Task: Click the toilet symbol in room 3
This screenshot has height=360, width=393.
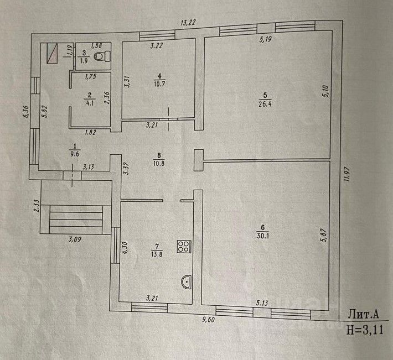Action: pyautogui.click(x=102, y=56)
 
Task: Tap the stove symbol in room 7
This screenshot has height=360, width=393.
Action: pyautogui.click(x=184, y=246)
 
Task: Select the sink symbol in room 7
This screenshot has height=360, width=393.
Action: pyautogui.click(x=186, y=281)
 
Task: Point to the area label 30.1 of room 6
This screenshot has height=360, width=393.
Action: pyautogui.click(x=263, y=236)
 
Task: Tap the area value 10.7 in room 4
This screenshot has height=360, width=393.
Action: pyautogui.click(x=159, y=84)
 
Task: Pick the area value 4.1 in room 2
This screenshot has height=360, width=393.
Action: pyautogui.click(x=90, y=103)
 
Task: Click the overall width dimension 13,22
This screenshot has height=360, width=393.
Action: pyautogui.click(x=188, y=23)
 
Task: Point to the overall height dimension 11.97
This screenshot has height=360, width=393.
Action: pyautogui.click(x=347, y=174)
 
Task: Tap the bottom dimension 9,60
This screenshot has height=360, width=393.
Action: pyautogui.click(x=208, y=320)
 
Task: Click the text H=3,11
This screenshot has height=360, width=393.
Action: pyautogui.click(x=365, y=330)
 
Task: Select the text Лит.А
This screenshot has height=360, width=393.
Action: pyautogui.click(x=363, y=315)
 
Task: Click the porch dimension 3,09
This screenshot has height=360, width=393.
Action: pyautogui.click(x=75, y=239)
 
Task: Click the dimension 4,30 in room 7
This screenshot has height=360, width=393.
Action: pyautogui.click(x=125, y=248)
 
